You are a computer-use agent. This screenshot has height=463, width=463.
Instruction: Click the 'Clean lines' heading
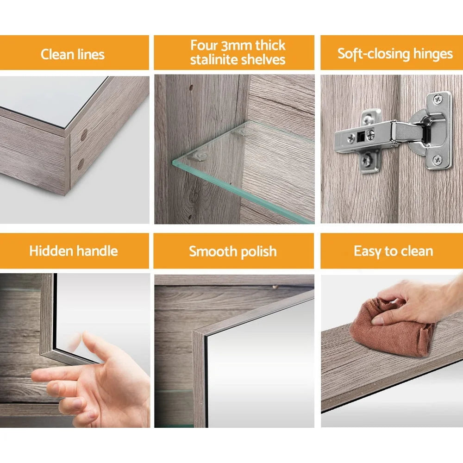pos(73,54)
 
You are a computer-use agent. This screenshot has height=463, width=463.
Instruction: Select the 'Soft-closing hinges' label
pos(395,54)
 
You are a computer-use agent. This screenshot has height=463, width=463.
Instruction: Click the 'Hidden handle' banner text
pos(74,251)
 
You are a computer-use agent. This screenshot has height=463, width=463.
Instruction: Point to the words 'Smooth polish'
pos(232,251)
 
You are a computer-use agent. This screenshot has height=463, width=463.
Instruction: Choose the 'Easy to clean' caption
pos(393,251)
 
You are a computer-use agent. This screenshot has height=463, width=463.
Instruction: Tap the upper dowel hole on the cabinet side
pos(84,135)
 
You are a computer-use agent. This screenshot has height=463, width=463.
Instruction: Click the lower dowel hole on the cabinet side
pos(81,163)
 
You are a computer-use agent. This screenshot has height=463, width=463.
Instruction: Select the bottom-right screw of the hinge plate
pos(437,160)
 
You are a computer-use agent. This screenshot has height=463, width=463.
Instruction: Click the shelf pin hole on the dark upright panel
pos(190,87)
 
